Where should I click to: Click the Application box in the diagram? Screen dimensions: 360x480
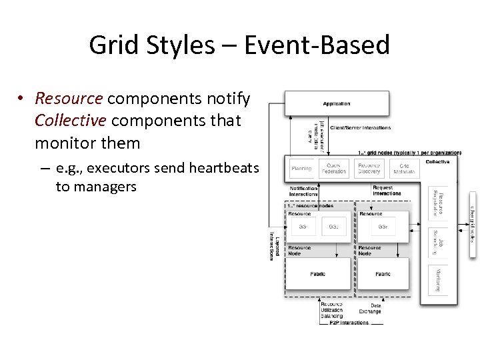337,104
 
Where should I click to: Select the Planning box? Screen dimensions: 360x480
301,169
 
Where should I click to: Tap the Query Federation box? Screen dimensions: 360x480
334,169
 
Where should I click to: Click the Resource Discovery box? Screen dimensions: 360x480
369,169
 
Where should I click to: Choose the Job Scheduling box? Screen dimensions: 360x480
438,242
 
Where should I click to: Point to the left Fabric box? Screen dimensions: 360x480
318,274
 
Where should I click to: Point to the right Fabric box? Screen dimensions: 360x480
383,274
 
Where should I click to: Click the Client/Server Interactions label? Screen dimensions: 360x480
361,127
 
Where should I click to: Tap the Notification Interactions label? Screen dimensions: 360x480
303,191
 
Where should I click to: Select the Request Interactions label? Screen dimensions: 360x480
387,191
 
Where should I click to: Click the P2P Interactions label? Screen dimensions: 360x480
349,323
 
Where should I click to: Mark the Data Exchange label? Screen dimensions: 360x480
370,308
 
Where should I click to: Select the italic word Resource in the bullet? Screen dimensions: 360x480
69,99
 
